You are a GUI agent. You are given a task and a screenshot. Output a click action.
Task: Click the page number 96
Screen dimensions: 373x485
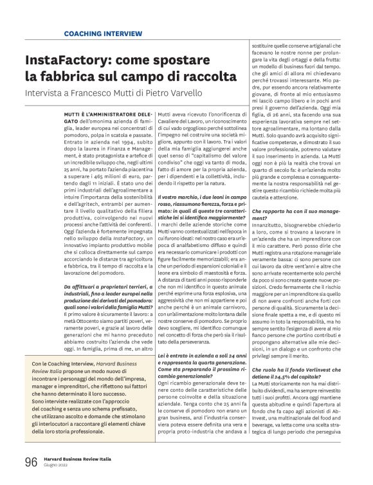(x=30, y=461)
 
